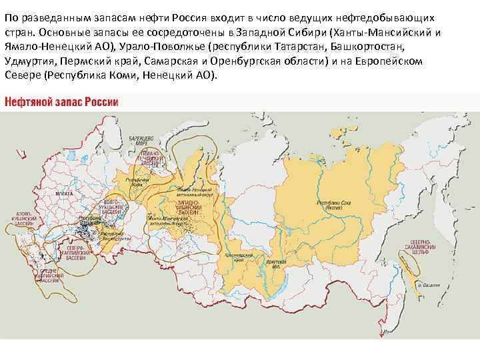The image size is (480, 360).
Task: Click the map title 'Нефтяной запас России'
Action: [62, 102]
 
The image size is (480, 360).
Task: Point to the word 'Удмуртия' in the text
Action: [27, 62]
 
